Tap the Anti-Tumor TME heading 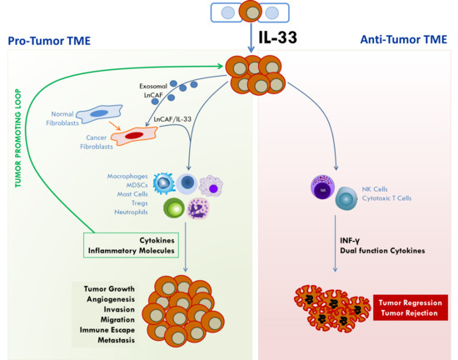tap(397, 39)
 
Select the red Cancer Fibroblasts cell tap(133, 134)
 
